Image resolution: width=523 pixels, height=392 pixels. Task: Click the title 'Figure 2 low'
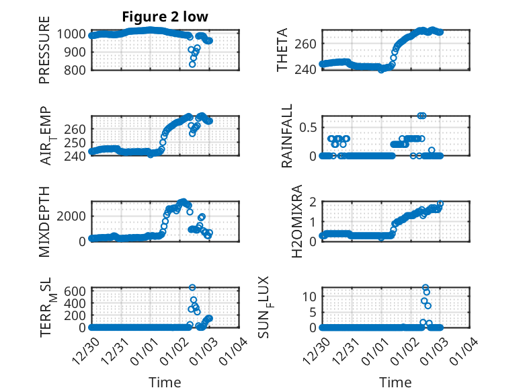(x=165, y=17)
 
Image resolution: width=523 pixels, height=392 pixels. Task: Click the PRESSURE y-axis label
(x=45, y=54)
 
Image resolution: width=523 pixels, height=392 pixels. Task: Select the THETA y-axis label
(x=282, y=50)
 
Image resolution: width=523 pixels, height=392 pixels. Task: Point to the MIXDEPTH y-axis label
(x=45, y=221)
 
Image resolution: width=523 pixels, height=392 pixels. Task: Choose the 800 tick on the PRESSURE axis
(x=75, y=70)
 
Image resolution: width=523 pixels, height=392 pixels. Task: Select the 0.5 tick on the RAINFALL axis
(x=308, y=127)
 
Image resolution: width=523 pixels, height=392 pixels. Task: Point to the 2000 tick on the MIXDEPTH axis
(x=72, y=215)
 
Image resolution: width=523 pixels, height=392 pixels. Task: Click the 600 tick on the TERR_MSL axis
(x=75, y=290)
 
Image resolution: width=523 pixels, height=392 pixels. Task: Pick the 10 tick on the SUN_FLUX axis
(x=311, y=296)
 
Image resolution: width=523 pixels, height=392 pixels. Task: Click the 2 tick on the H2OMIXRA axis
(x=313, y=202)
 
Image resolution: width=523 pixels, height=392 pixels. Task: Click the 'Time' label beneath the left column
(x=165, y=383)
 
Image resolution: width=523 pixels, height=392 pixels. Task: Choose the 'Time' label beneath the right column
(x=396, y=383)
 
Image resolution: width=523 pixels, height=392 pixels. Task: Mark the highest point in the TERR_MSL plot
(x=192, y=288)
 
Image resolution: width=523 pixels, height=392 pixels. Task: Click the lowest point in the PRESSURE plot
(x=192, y=65)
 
